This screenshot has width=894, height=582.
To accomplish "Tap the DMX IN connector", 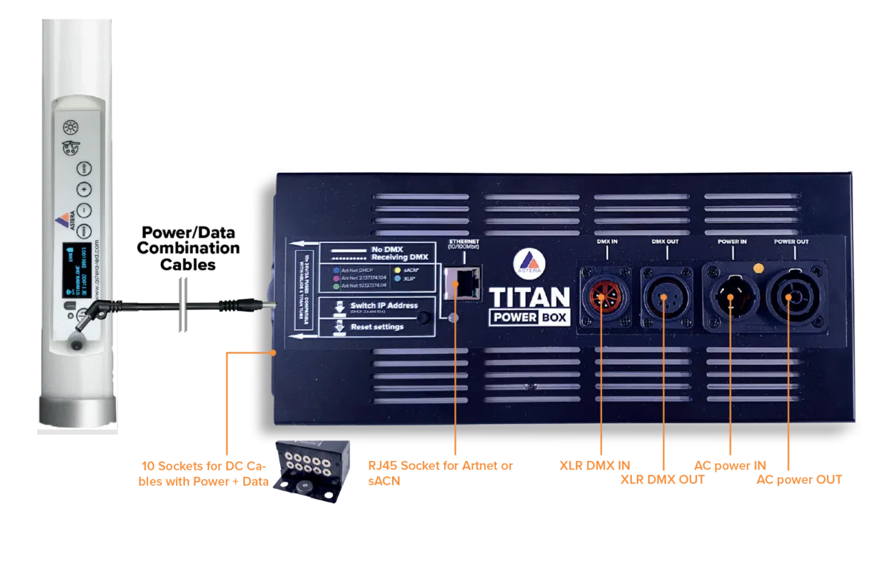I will [x=603, y=296].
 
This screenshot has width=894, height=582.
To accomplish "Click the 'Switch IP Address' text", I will [x=384, y=306].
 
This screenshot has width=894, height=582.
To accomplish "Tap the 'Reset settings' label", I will [x=377, y=326].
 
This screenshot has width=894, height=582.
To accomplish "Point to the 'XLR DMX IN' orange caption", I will [x=595, y=466].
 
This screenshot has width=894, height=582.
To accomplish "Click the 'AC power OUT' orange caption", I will [x=799, y=480].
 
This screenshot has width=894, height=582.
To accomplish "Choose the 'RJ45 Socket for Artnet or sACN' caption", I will [x=440, y=472].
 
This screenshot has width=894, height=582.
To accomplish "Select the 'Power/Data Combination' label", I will [x=190, y=240].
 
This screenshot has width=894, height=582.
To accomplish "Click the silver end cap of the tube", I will [x=77, y=408].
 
